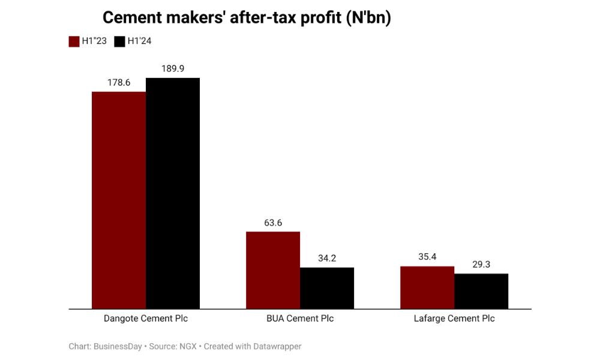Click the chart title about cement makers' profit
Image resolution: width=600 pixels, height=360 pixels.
tap(247, 18)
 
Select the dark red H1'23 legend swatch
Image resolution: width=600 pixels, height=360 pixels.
tap(74, 41)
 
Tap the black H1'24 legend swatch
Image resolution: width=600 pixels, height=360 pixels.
tap(119, 41)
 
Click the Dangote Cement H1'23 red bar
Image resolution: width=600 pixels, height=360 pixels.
tap(118, 200)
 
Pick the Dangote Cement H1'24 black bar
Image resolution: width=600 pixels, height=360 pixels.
tap(173, 193)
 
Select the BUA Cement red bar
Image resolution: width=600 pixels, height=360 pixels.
tap(273, 270)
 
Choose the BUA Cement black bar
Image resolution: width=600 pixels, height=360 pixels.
tap(327, 288)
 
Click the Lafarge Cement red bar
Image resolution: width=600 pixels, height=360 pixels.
tap(427, 287)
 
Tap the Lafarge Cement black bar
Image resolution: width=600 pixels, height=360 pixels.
tap(481, 291)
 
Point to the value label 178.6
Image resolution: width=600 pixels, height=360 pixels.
tap(119, 82)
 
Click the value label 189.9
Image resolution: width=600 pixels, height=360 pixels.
tap(173, 68)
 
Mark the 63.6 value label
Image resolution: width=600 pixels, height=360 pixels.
tap(273, 223)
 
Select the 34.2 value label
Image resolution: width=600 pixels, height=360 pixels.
tap(327, 258)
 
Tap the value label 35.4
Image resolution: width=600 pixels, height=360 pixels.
tap(427, 257)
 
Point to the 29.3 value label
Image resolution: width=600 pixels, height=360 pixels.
tap(481, 264)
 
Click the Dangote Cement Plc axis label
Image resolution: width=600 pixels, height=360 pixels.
tap(146, 319)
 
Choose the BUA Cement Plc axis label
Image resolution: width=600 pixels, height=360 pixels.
tap(300, 319)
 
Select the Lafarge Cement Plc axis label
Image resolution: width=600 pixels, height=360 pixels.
tap(454, 319)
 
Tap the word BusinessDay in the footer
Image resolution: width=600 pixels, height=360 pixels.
tap(118, 346)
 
